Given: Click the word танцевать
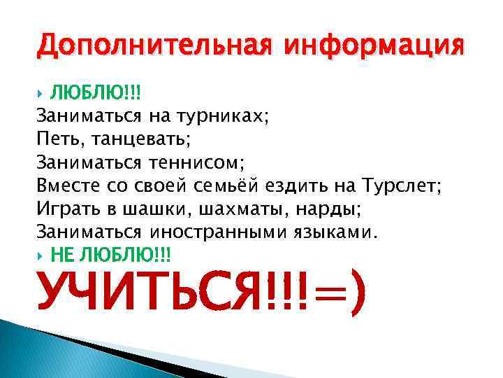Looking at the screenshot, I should coord(147,140).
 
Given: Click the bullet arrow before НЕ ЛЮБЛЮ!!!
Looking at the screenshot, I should coord(40,253).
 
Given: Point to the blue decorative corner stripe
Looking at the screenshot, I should coord(42,350).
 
